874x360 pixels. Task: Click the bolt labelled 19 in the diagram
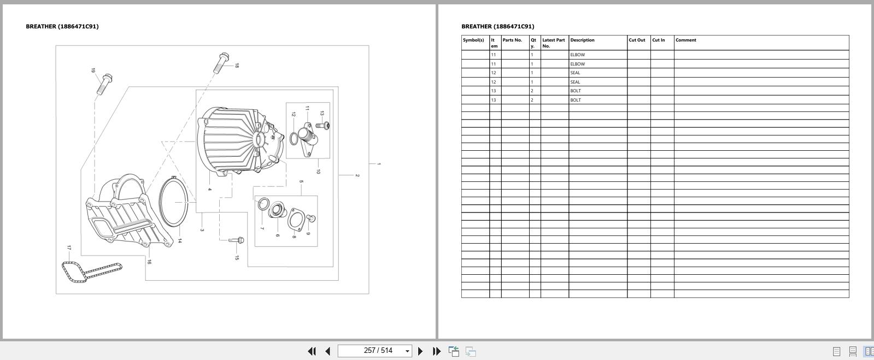[104, 84]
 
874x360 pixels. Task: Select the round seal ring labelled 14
[174, 202]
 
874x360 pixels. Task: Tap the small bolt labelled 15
[237, 240]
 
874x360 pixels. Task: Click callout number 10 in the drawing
[318, 171]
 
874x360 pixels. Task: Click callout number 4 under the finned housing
[209, 190]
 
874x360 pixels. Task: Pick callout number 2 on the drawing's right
[357, 175]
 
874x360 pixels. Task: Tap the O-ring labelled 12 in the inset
[294, 139]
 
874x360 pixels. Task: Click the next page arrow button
[420, 351]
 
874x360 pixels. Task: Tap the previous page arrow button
[328, 351]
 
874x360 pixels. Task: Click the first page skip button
[312, 351]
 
